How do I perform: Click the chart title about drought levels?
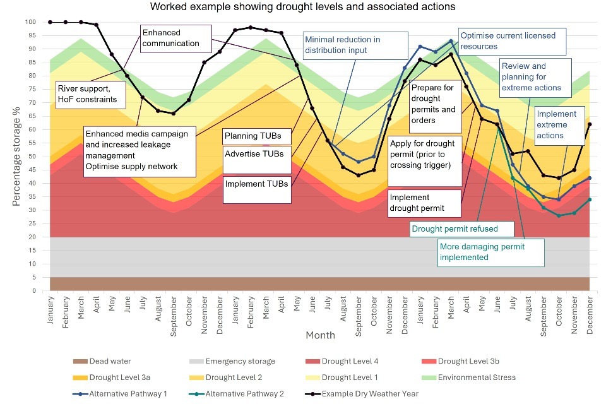point(302,8)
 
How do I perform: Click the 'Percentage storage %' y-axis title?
point(17,157)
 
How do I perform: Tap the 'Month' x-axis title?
point(320,335)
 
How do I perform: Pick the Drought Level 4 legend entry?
point(347,362)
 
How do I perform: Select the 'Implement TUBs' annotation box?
point(257,184)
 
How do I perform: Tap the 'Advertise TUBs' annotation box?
point(257,153)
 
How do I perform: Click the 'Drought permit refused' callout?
point(454,229)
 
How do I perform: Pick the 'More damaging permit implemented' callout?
point(489,252)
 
